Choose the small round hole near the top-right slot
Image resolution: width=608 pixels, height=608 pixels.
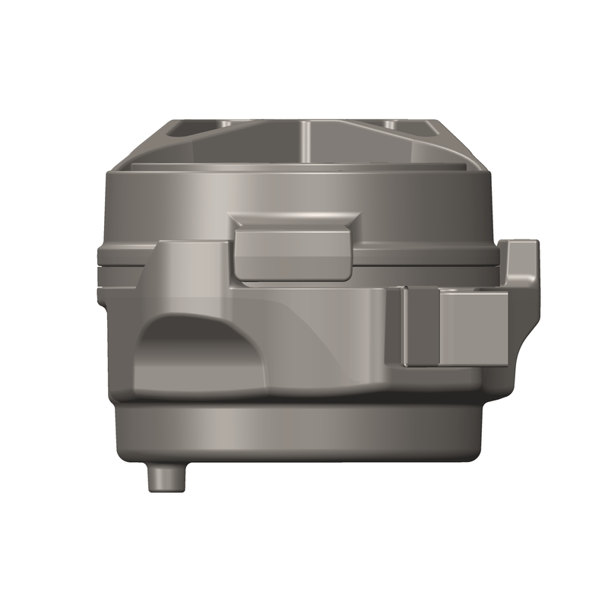[x=389, y=124]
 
